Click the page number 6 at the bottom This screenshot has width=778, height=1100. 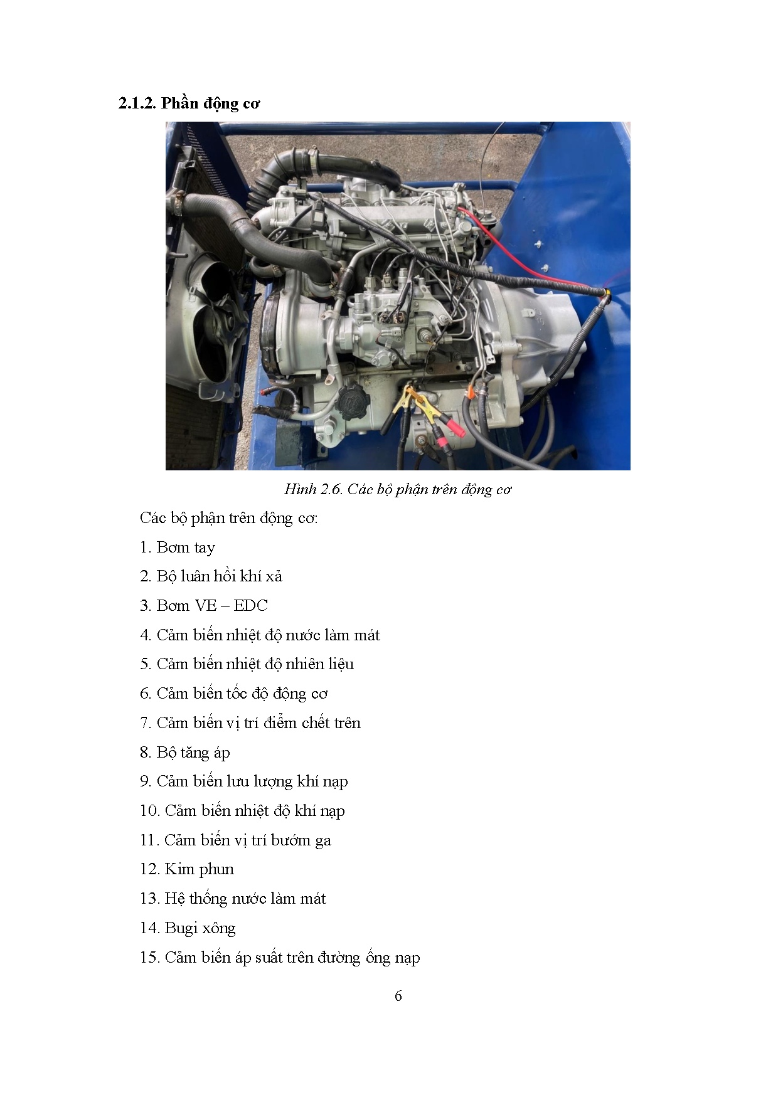tap(398, 996)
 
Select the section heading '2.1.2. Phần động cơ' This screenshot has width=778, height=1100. tap(189, 103)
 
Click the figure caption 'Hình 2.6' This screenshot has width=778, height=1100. tap(312, 489)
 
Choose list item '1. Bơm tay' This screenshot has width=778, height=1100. tap(178, 547)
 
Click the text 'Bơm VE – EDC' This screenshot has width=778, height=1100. tap(212, 606)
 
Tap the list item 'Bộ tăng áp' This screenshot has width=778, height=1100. tap(193, 753)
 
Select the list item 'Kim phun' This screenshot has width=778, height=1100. tap(199, 869)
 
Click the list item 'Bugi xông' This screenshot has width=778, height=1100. tap(200, 928)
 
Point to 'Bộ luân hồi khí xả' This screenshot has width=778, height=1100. tap(220, 576)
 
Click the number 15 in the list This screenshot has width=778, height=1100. tap(149, 958)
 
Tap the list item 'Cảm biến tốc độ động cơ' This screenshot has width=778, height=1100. tap(242, 694)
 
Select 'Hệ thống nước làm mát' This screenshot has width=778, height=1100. tap(245, 899)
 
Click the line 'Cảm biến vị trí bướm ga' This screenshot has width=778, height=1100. tap(248, 840)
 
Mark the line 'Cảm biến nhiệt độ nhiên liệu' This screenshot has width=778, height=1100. tap(255, 664)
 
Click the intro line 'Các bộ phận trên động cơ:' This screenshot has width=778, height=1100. tap(229, 518)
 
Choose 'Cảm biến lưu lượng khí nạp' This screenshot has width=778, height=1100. tap(252, 781)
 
